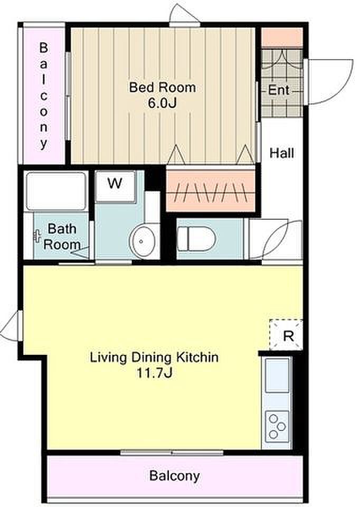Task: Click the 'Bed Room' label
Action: click(163, 87)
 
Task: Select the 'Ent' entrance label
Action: click(279, 90)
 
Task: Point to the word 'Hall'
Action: click(282, 153)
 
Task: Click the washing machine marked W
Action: click(116, 186)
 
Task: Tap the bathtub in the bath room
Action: click(56, 191)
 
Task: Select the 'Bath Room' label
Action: click(62, 237)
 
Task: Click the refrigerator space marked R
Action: click(286, 335)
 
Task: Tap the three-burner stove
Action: click(277, 426)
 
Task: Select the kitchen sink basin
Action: click(277, 375)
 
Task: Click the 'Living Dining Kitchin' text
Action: click(154, 358)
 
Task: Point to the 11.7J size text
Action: click(154, 373)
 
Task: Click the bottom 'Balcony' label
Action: click(175, 476)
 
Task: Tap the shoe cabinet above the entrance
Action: click(282, 37)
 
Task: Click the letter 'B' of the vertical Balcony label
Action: click(43, 48)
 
